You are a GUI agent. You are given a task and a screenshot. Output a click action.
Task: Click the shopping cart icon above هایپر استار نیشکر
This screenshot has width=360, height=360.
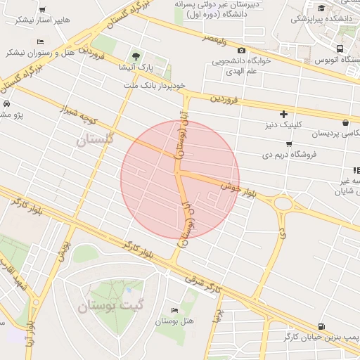[x=44, y=10]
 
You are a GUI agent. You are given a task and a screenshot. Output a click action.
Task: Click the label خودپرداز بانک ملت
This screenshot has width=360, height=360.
[x=157, y=84]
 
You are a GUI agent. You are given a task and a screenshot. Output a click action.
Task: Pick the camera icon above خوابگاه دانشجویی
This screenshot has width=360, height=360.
[x=242, y=50]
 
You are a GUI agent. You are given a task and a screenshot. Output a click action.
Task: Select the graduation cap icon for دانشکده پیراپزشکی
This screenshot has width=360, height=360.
[x=321, y=8]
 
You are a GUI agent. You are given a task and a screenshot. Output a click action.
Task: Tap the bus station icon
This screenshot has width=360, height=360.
[x=341, y=49]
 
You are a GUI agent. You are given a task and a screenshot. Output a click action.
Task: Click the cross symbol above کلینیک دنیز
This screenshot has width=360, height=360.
[x=284, y=113]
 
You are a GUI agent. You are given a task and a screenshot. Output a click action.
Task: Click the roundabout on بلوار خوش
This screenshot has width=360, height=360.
[x=283, y=203]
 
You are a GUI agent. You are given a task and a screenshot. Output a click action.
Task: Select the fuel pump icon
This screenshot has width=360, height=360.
[x=321, y=326]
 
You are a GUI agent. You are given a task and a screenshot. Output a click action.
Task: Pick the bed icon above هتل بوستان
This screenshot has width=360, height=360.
[x=174, y=311]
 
